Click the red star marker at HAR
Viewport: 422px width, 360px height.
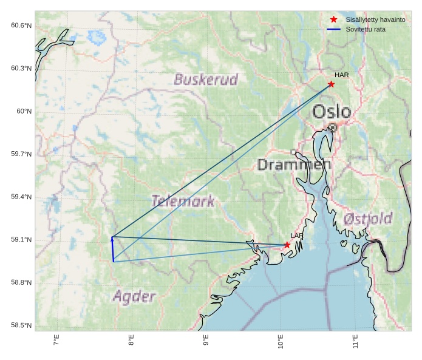pyautogui.click(x=331, y=84)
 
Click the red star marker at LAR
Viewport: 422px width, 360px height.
pyautogui.click(x=287, y=245)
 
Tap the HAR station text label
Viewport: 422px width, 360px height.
pyautogui.click(x=341, y=75)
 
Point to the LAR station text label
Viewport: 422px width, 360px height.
pyautogui.click(x=296, y=236)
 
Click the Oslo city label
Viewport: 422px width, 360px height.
pyautogui.click(x=332, y=112)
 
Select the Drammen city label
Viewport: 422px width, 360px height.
pyautogui.click(x=294, y=165)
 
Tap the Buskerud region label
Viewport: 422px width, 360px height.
pyautogui.click(x=206, y=80)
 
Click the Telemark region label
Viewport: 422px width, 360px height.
pyautogui.click(x=183, y=201)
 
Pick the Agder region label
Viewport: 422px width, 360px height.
pyautogui.click(x=134, y=297)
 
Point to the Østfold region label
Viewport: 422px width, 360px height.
pyautogui.click(x=367, y=219)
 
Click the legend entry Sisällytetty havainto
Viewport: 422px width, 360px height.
pyautogui.click(x=375, y=20)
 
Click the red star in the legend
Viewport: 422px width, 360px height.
pyautogui.click(x=333, y=20)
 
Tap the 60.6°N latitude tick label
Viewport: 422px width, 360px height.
pyautogui.click(x=21, y=25)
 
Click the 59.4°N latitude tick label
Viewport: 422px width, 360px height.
pyautogui.click(x=21, y=197)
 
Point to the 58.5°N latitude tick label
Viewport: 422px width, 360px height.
pyautogui.click(x=21, y=326)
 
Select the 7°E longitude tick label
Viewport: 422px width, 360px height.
pyautogui.click(x=56, y=341)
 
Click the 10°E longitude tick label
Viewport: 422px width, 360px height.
pyautogui.click(x=281, y=342)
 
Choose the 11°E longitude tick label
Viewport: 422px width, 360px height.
pyautogui.click(x=355, y=342)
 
